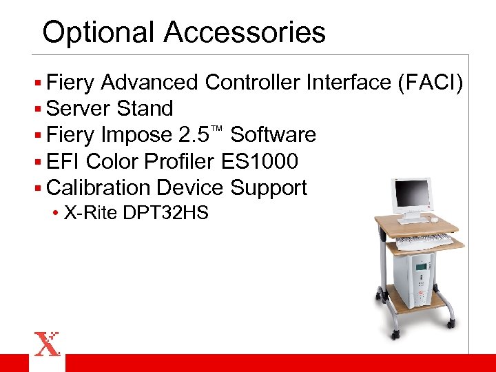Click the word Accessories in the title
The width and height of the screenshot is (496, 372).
coord(245,32)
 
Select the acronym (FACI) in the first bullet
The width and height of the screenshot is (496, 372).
coord(431,83)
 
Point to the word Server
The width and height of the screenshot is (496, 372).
coord(79,109)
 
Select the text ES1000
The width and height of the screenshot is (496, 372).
coord(260,161)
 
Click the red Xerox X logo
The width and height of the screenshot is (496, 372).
coord(47,343)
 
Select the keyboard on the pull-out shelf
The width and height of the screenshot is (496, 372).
coord(424,240)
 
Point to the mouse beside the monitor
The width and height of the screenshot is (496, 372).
coord(435,220)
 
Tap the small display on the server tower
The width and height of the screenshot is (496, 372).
coord(422,265)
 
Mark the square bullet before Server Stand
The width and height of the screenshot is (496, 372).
coord(39,110)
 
